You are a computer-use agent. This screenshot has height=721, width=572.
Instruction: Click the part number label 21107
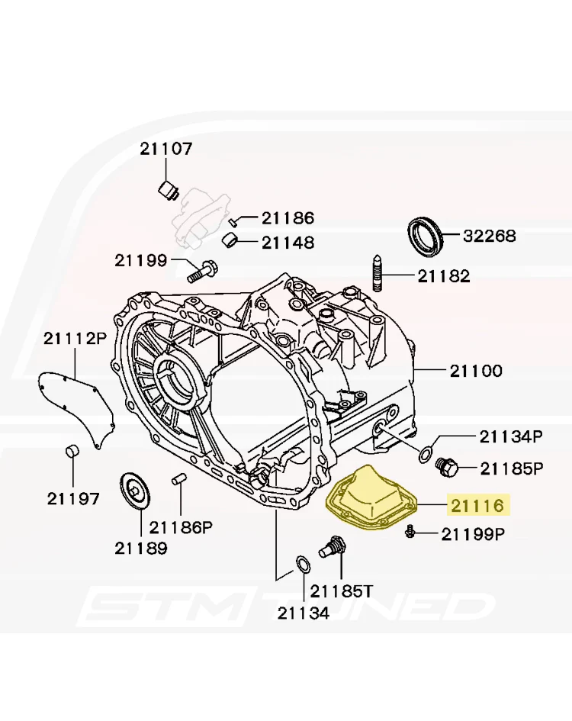tap(166, 149)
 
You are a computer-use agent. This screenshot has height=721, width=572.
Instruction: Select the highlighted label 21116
tap(477, 505)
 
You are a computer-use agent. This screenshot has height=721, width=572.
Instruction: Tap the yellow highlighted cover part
tap(371, 502)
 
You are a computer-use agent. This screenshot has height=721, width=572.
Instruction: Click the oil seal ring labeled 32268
tap(426, 237)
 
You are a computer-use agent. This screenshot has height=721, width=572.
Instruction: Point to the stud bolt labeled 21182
tap(377, 272)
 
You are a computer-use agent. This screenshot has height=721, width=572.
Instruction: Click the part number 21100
tap(476, 371)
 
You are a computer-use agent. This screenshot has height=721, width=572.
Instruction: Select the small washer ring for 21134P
tap(426, 454)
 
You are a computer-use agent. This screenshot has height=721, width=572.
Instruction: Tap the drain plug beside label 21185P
tap(446, 467)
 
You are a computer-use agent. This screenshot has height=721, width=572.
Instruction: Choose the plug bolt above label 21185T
tap(331, 546)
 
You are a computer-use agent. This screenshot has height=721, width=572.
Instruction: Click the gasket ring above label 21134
tap(302, 565)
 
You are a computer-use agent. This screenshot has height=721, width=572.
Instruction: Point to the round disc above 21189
tap(135, 491)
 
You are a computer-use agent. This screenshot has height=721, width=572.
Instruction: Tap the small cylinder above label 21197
tap(72, 451)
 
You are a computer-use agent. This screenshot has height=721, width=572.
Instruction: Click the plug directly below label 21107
tap(169, 190)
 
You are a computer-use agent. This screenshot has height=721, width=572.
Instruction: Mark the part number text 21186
tap(288, 218)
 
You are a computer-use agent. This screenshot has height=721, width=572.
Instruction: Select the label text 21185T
tap(341, 591)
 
